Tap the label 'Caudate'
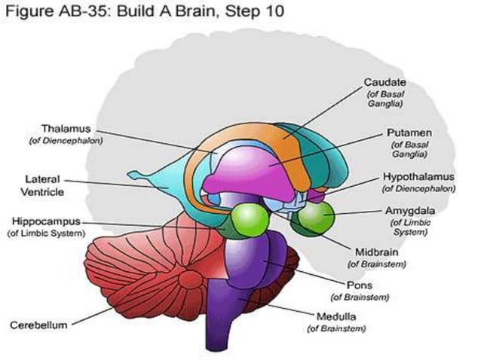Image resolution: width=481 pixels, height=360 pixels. pyautogui.click(x=385, y=81)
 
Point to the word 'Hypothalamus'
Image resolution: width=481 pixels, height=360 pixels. pyautogui.click(x=417, y=177)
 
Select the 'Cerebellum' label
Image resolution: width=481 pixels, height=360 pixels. pyautogui.click(x=38, y=325)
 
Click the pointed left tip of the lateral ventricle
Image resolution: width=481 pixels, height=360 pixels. pyautogui.click(x=130, y=175)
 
